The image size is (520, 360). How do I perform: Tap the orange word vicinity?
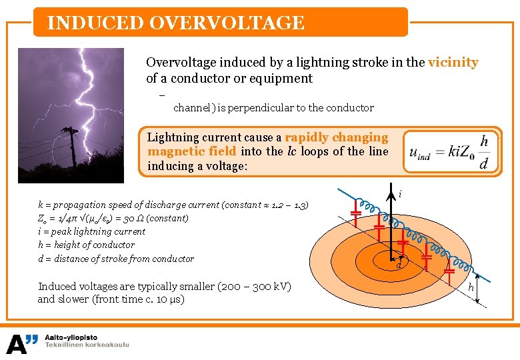click(x=453, y=63)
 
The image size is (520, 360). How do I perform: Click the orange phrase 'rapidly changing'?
click(x=336, y=137)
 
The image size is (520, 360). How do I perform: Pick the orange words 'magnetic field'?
click(x=192, y=151)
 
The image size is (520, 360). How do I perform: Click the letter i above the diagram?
click(x=399, y=194)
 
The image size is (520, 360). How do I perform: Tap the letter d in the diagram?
click(x=397, y=266)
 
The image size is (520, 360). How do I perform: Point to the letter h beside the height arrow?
click(x=470, y=287)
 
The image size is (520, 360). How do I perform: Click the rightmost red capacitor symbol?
click(x=450, y=271)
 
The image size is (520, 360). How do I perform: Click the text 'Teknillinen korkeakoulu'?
click(x=87, y=345)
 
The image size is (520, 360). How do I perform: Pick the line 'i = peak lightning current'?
click(x=91, y=231)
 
